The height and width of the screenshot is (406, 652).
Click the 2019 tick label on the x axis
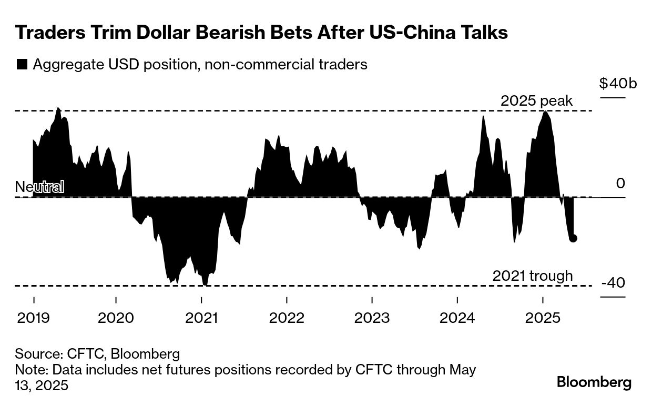pyautogui.click(x=34, y=318)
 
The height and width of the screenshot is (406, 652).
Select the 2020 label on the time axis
pyautogui.click(x=116, y=318)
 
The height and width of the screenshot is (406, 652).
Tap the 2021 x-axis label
pyautogui.click(x=201, y=318)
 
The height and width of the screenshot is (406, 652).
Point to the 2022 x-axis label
pyautogui.click(x=287, y=318)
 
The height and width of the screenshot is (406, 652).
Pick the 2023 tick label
pyautogui.click(x=372, y=318)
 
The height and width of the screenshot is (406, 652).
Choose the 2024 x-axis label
pyautogui.click(x=457, y=318)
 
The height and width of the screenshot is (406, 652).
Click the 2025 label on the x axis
pyautogui.click(x=543, y=318)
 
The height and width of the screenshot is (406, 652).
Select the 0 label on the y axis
pyautogui.click(x=620, y=184)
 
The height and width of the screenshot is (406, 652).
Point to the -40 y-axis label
pyautogui.click(x=613, y=283)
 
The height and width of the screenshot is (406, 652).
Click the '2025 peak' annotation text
pyautogui.click(x=536, y=101)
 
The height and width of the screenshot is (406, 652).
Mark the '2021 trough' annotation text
pyautogui.click(x=533, y=276)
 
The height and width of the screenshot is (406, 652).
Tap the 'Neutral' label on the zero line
pyautogui.click(x=39, y=187)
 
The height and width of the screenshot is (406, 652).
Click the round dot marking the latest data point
pyautogui.click(x=573, y=238)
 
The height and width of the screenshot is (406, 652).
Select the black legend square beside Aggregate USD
pyautogui.click(x=22, y=65)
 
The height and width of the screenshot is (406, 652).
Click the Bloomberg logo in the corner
pyautogui.click(x=594, y=382)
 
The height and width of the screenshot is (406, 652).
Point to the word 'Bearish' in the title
pyautogui.click(x=242, y=33)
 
